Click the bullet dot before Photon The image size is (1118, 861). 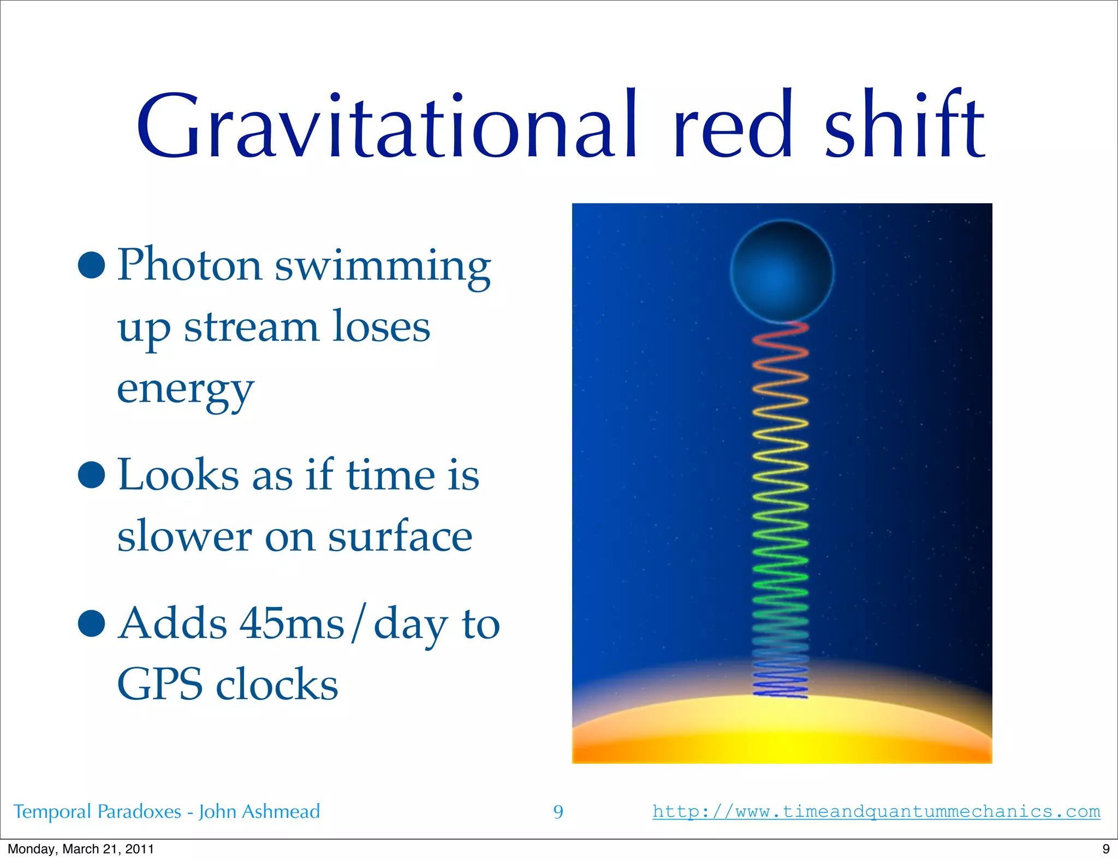click(91, 266)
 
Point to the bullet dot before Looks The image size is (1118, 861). click(91, 474)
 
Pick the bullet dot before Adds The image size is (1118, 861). click(91, 624)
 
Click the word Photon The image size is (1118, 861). click(189, 266)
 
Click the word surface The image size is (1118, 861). click(400, 536)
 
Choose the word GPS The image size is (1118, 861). click(160, 685)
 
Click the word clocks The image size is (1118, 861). click(277, 685)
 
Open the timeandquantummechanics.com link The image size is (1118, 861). click(876, 811)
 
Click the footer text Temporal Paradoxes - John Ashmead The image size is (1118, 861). click(166, 811)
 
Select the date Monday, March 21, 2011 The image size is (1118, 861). click(81, 849)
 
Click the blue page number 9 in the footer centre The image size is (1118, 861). click(558, 812)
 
